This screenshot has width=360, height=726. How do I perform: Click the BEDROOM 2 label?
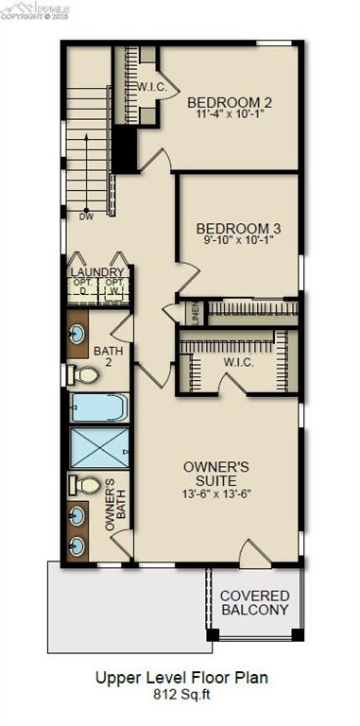(x=230, y=102)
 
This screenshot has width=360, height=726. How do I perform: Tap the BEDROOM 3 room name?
(x=238, y=228)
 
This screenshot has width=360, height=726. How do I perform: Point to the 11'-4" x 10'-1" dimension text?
(x=230, y=114)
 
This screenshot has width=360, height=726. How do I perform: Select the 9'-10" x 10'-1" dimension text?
(x=238, y=240)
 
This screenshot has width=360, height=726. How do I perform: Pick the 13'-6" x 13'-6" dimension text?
(x=215, y=493)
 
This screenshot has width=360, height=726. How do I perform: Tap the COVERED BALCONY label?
(x=255, y=602)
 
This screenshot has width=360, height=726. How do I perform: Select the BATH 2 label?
(x=108, y=356)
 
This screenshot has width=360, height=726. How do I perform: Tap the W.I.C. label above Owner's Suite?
(x=237, y=361)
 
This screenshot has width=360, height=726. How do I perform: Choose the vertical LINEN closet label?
(x=196, y=313)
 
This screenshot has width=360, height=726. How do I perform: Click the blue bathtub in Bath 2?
(x=98, y=407)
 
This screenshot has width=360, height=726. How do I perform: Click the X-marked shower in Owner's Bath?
(x=99, y=447)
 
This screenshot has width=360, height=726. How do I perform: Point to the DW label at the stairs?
(x=86, y=216)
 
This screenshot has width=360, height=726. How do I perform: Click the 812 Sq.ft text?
(x=180, y=693)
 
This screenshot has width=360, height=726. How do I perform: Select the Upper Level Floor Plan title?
(x=180, y=677)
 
